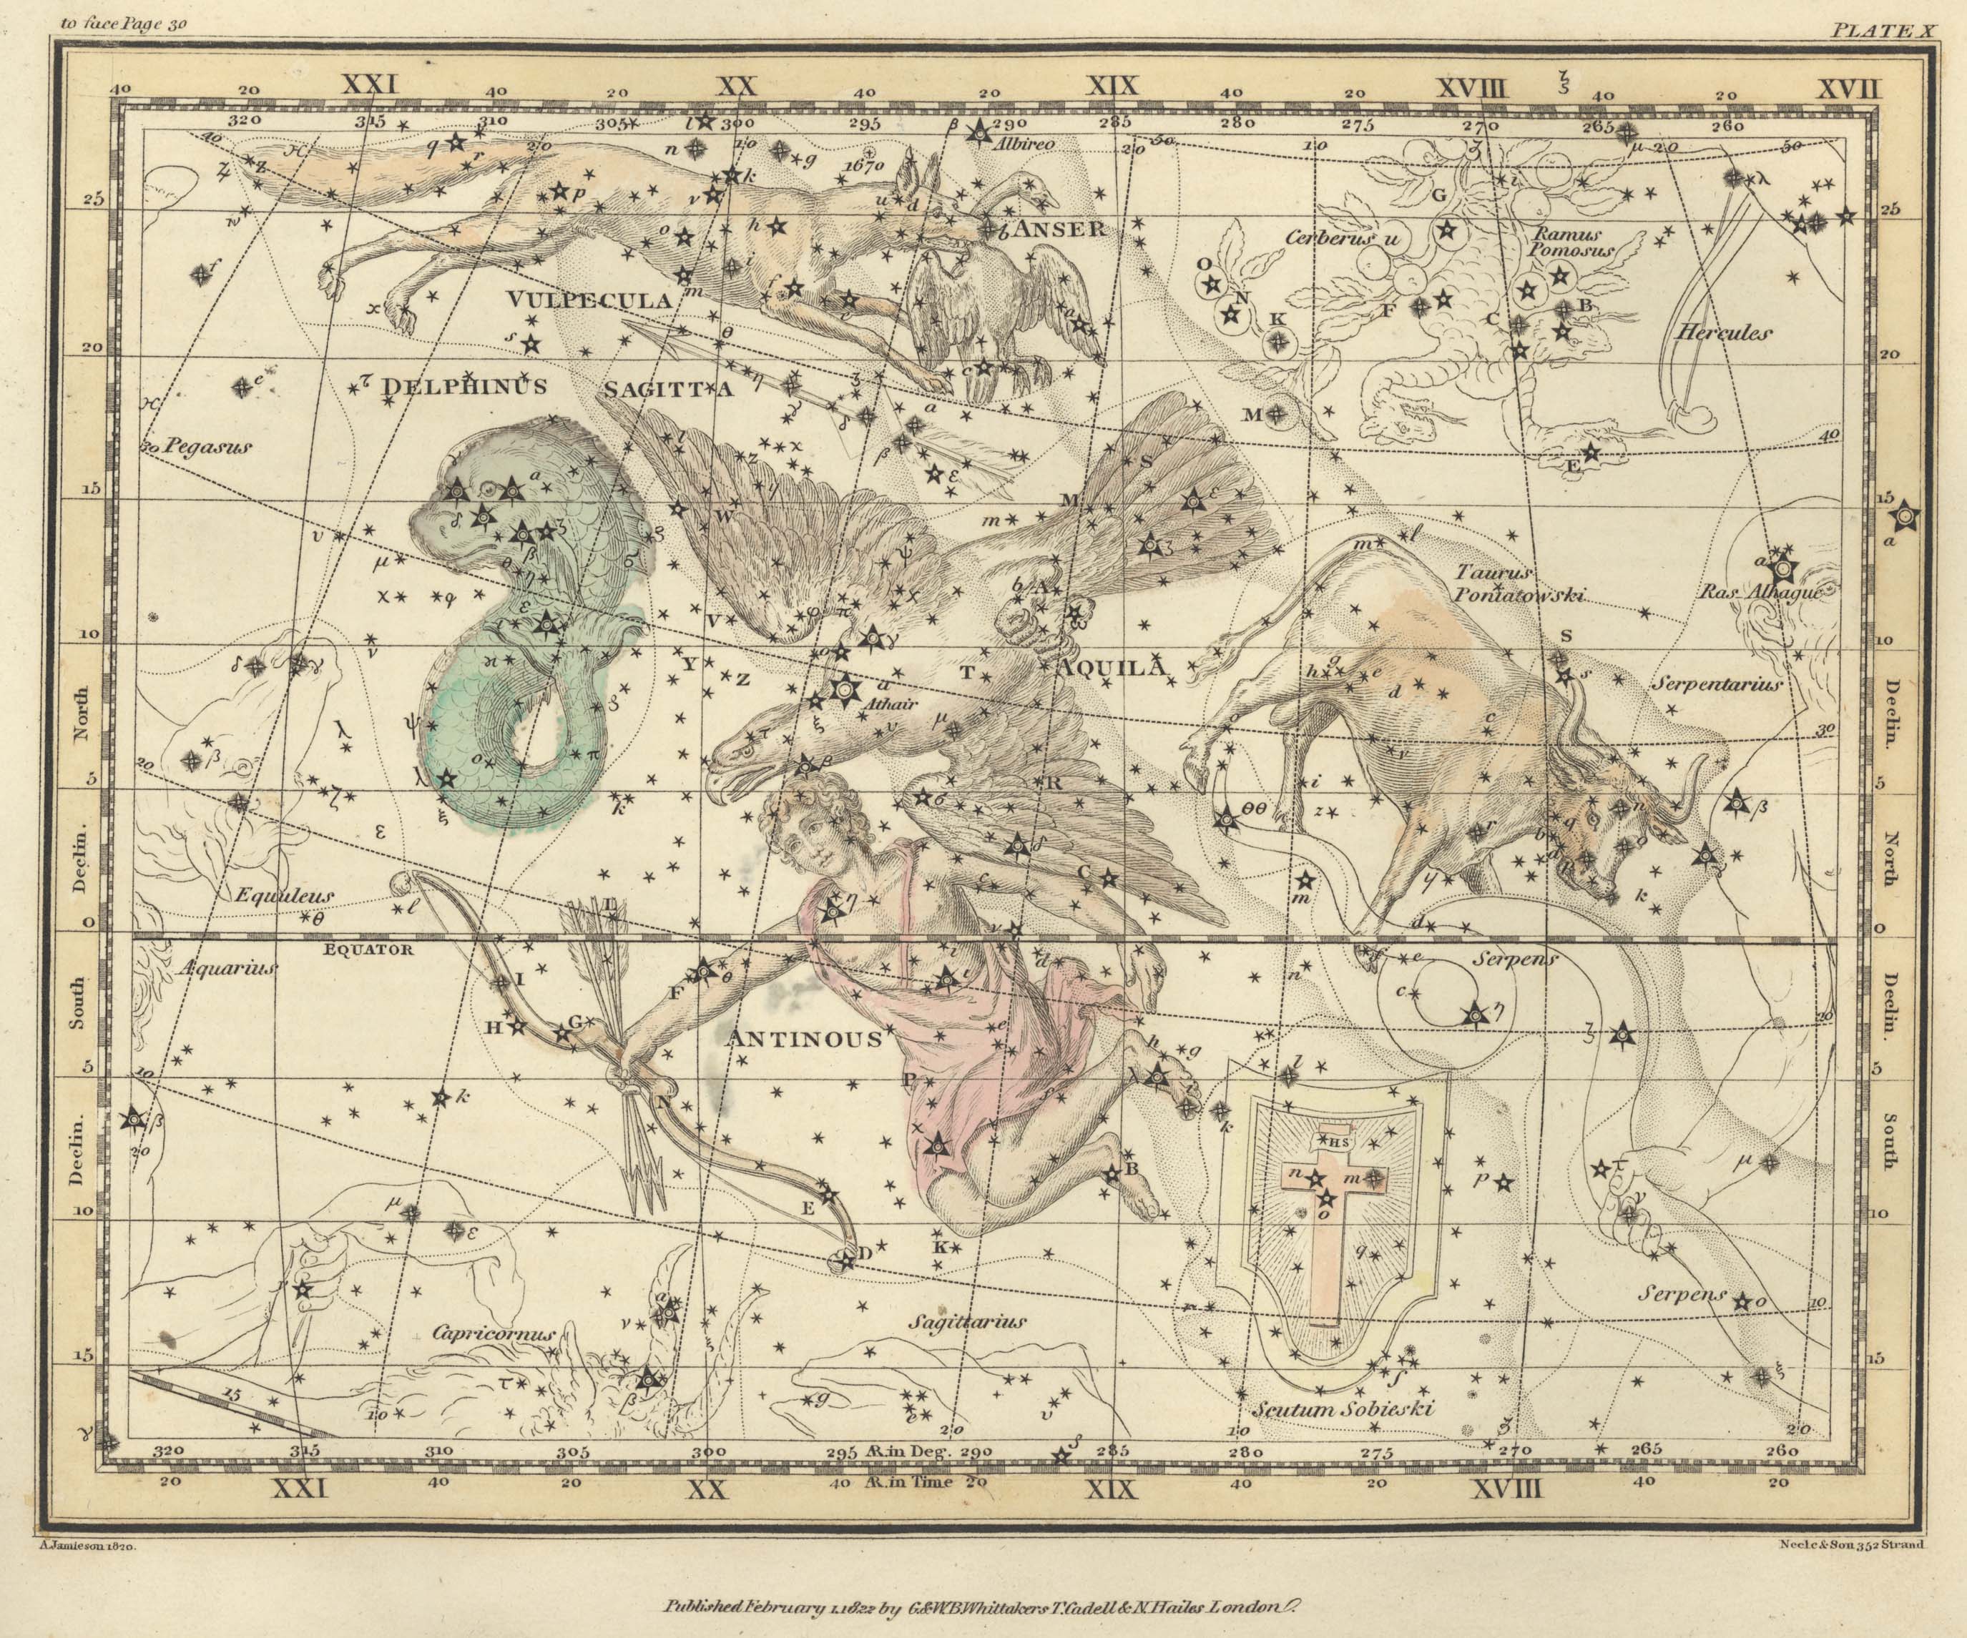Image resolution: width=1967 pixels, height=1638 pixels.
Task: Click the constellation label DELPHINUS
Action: pos(463,387)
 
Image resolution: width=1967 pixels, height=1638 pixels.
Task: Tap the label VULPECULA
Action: pos(590,300)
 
